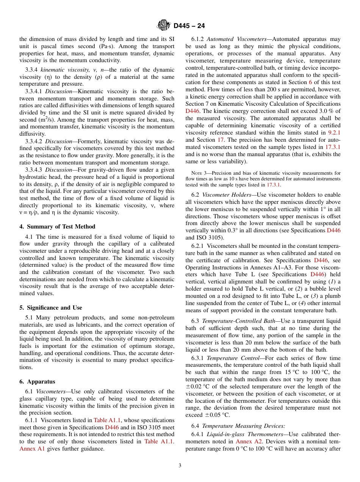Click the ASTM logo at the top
(x=164, y=26)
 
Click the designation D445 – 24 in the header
(x=189, y=26)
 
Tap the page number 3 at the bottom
(x=180, y=465)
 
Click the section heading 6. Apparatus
(x=37, y=382)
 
